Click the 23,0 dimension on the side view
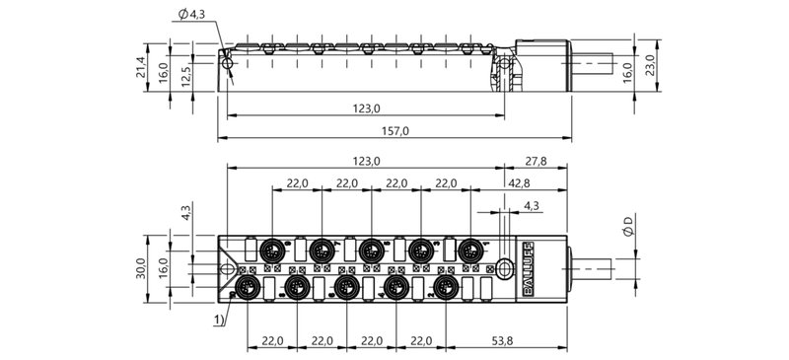(648, 65)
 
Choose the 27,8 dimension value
(536, 161)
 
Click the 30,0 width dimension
(141, 266)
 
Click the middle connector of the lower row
(345, 286)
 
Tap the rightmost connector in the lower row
(447, 286)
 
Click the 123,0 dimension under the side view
(366, 108)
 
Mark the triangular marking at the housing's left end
(228, 266)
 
